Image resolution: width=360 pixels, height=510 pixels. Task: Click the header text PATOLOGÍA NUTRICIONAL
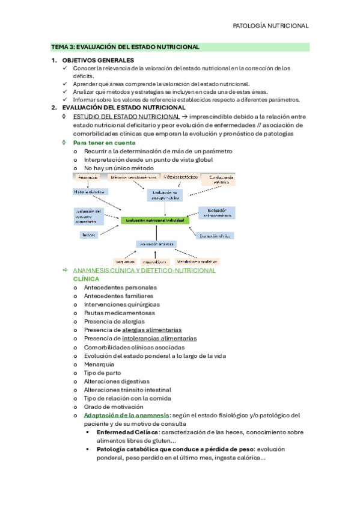[270, 26]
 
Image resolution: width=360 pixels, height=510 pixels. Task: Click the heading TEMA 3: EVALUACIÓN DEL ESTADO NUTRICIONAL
[125, 46]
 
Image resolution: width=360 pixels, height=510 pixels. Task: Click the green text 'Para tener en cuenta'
[104, 143]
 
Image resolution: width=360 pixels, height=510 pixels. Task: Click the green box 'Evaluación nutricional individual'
[155, 221]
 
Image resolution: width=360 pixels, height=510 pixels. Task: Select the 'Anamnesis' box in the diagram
[88, 177]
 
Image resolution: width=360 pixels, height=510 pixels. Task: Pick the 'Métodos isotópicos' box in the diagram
[179, 177]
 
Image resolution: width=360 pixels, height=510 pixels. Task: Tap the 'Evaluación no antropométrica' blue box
[164, 194]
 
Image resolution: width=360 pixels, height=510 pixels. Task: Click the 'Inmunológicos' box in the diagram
[154, 262]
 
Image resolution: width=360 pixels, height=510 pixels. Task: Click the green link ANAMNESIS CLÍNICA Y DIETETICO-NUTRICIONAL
[144, 271]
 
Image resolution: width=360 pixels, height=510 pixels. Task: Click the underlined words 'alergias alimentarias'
[152, 330]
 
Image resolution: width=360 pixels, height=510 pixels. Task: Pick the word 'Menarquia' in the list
[99, 364]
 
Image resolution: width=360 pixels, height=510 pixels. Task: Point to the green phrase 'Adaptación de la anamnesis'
[127, 416]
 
